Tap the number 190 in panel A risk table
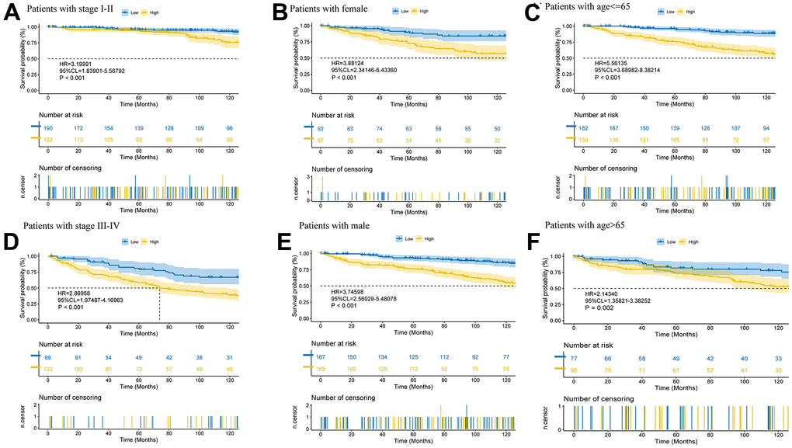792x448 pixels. click(x=48, y=126)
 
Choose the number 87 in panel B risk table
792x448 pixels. click(x=320, y=137)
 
